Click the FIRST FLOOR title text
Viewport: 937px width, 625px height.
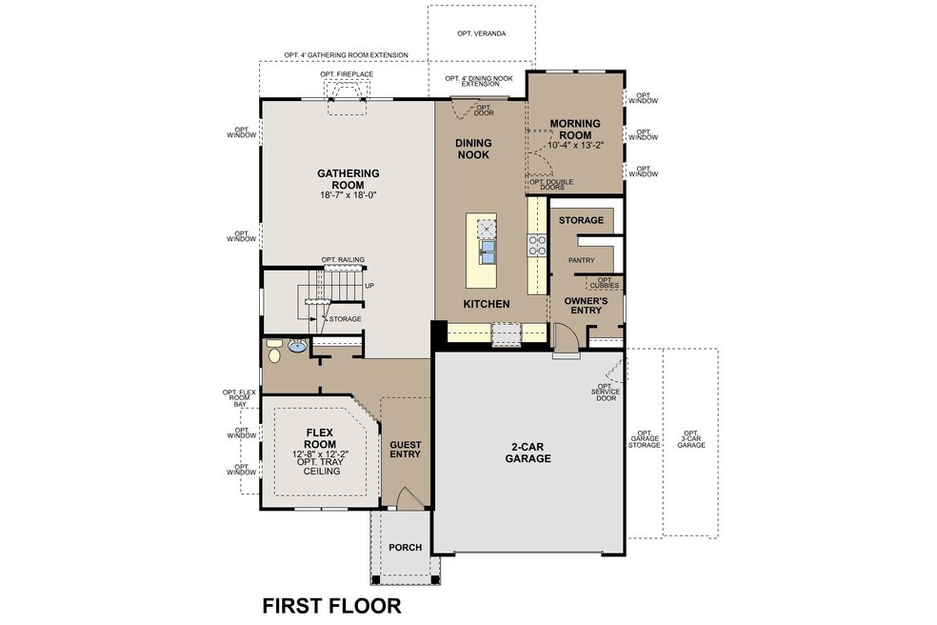pos(331,605)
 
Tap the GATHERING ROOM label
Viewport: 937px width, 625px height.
pos(349,179)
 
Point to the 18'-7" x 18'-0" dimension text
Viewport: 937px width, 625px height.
pos(349,196)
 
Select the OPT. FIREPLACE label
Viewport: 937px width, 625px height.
pos(347,74)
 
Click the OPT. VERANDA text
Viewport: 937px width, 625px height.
pos(481,33)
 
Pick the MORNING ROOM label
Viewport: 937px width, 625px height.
pos(573,129)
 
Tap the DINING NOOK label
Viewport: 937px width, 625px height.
pos(473,149)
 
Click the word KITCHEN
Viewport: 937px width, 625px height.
pos(487,304)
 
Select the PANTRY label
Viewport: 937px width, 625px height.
pos(581,259)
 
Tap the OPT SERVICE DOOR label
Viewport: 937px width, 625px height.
pos(605,393)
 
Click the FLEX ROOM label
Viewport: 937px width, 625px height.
pos(319,437)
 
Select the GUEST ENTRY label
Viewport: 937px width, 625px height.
pos(405,450)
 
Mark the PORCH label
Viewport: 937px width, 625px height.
pos(405,548)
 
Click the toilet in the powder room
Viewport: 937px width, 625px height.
pos(275,355)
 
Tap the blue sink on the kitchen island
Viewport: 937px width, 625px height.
pos(488,252)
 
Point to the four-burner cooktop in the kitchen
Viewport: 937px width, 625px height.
pos(537,246)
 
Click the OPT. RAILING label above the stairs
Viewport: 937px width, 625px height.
pos(343,259)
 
